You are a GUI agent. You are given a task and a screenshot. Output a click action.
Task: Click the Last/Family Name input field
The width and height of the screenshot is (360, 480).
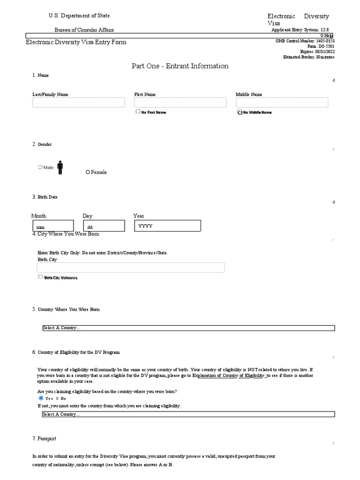click(78, 103)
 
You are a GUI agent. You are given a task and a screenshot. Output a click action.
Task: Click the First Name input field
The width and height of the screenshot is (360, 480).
click(180, 103)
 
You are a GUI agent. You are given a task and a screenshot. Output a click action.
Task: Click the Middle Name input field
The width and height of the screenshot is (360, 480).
click(282, 103)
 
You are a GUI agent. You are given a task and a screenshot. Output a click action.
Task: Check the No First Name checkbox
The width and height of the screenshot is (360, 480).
click(138, 112)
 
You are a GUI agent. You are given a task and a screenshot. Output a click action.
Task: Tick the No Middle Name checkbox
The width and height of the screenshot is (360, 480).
click(240, 112)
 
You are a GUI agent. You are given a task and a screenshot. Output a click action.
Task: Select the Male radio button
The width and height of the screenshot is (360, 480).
click(40, 167)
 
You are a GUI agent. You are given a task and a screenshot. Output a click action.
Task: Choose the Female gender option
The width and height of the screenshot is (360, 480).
click(88, 172)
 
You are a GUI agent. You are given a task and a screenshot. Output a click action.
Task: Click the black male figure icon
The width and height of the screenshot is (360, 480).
click(60, 167)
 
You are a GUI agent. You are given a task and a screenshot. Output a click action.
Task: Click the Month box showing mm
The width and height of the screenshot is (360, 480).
click(52, 226)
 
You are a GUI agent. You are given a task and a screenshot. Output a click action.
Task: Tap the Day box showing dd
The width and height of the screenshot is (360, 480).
click(104, 226)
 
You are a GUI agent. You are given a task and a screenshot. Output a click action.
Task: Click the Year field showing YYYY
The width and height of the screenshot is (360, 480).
click(168, 226)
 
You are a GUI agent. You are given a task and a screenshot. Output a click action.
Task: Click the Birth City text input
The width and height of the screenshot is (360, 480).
click(130, 268)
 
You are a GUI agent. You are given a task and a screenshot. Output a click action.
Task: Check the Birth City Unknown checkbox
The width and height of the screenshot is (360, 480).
click(41, 277)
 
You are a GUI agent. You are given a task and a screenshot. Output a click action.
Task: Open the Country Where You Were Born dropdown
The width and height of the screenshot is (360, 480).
click(188, 328)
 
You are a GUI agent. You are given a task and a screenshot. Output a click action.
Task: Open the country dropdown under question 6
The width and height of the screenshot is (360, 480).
click(188, 414)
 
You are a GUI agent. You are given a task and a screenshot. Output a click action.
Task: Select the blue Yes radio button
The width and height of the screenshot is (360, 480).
click(41, 398)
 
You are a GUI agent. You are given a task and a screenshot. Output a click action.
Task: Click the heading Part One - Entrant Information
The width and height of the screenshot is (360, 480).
click(180, 66)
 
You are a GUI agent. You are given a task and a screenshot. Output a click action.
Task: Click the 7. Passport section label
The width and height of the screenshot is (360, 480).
click(44, 439)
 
